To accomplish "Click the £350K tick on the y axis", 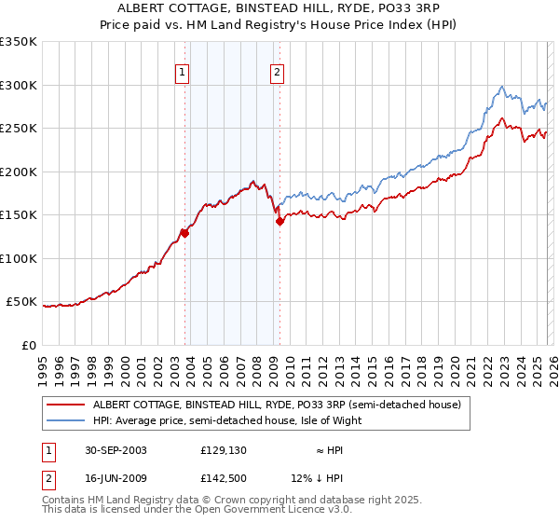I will [19, 42].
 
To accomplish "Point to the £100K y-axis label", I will [19, 259].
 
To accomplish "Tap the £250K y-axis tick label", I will [19, 129].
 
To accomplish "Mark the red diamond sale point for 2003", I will [185, 234].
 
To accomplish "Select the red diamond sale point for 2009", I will [279, 222].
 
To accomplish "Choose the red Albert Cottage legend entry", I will [276, 405].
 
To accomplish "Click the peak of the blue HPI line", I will [502, 87].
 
